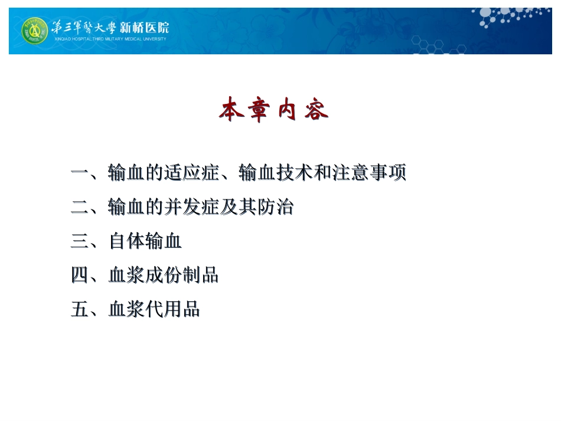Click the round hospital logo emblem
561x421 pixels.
(35, 31)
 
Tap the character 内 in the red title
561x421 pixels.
(288, 110)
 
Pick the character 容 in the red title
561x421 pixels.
(317, 110)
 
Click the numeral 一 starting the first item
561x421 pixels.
(79, 174)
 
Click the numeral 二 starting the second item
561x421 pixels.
(79, 208)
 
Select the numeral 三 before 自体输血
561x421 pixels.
(79, 241)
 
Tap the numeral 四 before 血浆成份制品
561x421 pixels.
(79, 275)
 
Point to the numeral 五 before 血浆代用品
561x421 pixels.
(79, 309)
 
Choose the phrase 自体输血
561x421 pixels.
(145, 241)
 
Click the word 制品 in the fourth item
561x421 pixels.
(201, 275)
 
